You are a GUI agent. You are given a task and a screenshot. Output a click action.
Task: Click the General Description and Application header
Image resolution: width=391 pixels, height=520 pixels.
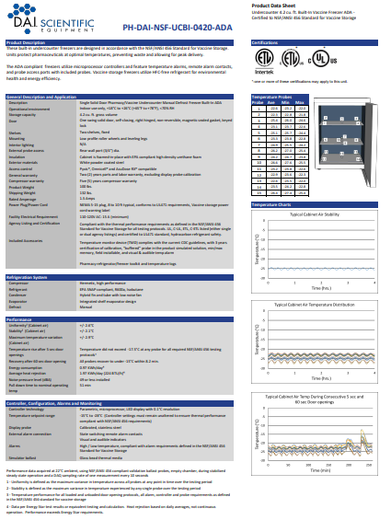46,95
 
